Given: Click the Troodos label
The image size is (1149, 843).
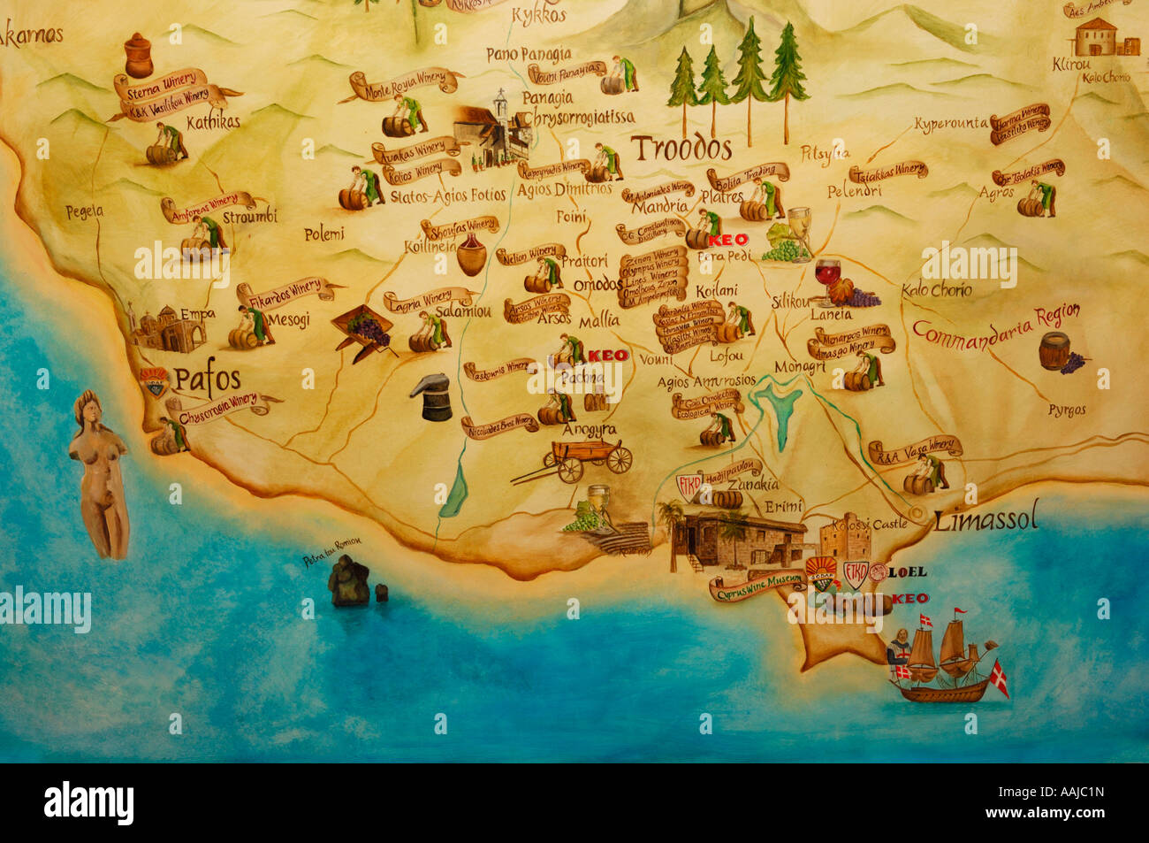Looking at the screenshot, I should click(x=681, y=147).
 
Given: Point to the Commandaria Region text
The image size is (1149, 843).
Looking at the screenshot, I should click(x=996, y=324).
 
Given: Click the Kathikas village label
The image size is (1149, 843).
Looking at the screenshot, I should click(x=213, y=122).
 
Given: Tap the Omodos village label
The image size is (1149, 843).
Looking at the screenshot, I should click(x=597, y=285).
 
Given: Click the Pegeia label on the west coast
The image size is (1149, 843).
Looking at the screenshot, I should click(x=85, y=211).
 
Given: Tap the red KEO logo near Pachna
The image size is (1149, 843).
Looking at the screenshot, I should click(x=607, y=356).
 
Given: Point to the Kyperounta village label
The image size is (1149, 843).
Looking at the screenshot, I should click(x=950, y=124).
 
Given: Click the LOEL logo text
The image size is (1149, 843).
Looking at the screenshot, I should click(x=907, y=572).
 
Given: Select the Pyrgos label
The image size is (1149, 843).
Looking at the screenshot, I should click(x=1067, y=410).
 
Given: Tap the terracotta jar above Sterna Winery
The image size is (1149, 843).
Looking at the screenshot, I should click(x=138, y=55).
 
